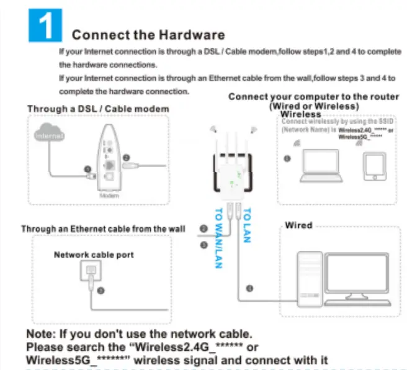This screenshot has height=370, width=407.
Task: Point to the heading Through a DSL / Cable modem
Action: (97, 109)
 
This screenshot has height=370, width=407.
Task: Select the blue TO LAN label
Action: (247, 224)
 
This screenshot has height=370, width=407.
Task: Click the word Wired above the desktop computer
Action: (298, 225)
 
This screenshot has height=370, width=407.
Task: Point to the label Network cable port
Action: (94, 255)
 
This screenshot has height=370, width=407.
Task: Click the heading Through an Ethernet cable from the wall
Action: (103, 228)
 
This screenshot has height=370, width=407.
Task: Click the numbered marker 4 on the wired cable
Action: (249, 287)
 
